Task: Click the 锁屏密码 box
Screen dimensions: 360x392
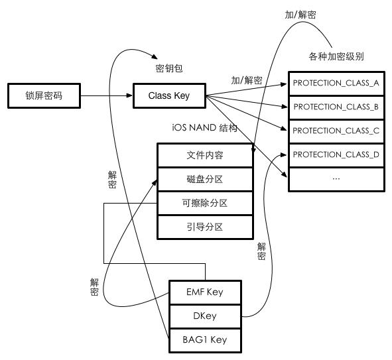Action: click(43, 96)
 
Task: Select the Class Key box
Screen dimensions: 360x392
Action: click(168, 96)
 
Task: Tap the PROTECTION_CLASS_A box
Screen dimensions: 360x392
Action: click(336, 83)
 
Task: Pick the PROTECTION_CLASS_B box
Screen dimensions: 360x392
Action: click(336, 107)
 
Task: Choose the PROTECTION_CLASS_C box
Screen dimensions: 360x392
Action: click(336, 131)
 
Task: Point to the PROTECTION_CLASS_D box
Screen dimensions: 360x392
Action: click(336, 154)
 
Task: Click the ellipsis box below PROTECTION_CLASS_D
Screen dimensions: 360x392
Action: click(336, 179)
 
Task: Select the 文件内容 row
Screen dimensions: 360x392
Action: click(205, 155)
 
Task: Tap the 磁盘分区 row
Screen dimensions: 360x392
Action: click(205, 179)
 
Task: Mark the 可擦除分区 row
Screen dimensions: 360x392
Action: click(205, 203)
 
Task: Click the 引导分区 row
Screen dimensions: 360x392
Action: click(205, 227)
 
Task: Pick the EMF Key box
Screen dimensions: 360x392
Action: click(205, 292)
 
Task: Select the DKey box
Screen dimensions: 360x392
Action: click(205, 316)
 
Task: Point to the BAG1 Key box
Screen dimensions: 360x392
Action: click(205, 339)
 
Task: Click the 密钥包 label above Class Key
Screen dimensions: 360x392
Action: click(168, 69)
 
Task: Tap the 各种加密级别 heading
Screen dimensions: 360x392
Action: click(336, 56)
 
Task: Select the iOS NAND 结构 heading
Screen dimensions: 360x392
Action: click(204, 127)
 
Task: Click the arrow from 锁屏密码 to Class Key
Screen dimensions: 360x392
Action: click(106, 96)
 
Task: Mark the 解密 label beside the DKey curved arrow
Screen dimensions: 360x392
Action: click(262, 251)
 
